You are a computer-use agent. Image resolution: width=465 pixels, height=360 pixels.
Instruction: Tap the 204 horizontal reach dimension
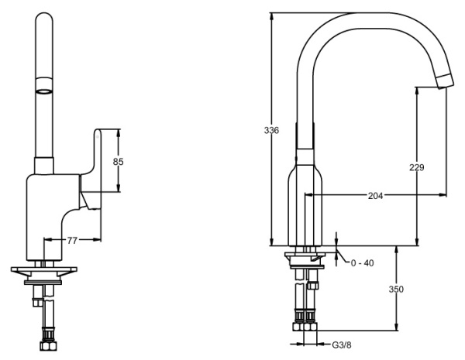click(x=375, y=195)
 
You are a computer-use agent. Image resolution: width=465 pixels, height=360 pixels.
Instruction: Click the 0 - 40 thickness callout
click(x=362, y=263)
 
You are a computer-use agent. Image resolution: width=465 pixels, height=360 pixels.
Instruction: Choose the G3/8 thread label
click(x=342, y=345)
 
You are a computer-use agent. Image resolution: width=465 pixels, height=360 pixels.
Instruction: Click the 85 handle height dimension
click(x=118, y=162)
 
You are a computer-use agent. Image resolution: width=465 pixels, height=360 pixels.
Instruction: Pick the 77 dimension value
click(x=71, y=241)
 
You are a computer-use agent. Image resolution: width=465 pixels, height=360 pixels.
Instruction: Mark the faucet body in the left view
click(x=51, y=217)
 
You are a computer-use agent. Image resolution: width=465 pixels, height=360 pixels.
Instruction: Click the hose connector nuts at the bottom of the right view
click(x=303, y=317)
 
